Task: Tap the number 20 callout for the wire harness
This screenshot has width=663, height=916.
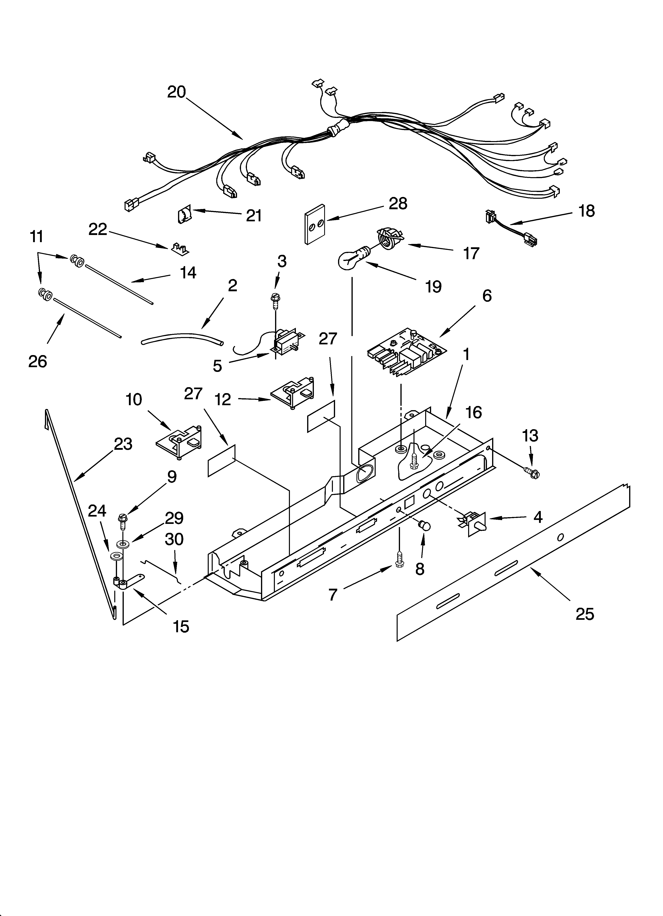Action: (176, 92)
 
